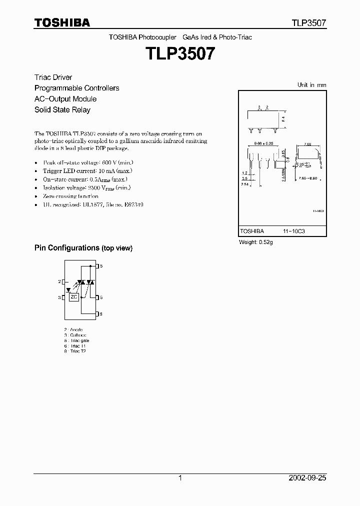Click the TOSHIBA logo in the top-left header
[62, 22]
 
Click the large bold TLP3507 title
[180, 53]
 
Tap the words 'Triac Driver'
[53, 77]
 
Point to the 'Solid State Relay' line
[62, 109]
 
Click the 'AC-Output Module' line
[65, 99]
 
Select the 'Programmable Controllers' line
[76, 88]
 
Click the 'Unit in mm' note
[311, 85]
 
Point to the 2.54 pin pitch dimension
[244, 184]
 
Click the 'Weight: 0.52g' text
[256, 242]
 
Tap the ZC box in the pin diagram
[73, 297]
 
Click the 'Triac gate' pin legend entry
[77, 340]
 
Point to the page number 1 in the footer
[180, 478]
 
